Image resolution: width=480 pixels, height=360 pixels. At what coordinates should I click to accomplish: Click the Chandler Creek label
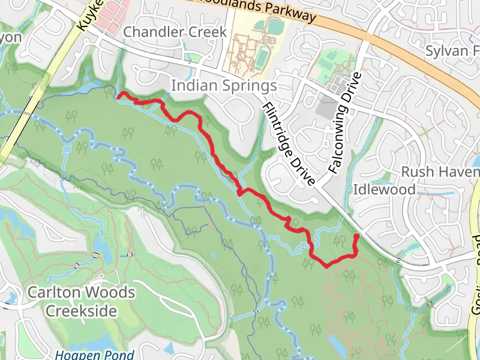point(175,32)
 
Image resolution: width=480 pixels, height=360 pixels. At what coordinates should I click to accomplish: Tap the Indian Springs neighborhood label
point(224,86)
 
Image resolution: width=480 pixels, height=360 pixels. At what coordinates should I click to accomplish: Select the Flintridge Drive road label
point(289,144)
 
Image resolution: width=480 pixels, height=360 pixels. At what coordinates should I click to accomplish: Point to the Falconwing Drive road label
point(343,123)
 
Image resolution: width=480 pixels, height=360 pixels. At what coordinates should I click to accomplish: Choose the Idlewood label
point(384,190)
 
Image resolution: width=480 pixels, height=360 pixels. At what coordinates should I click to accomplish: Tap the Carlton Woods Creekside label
point(81,302)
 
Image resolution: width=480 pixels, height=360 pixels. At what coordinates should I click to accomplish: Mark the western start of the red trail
point(118,94)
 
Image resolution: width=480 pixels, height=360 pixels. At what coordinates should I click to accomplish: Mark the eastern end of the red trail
point(356,236)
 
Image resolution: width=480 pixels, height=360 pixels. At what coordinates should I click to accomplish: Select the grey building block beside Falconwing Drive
point(327,106)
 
